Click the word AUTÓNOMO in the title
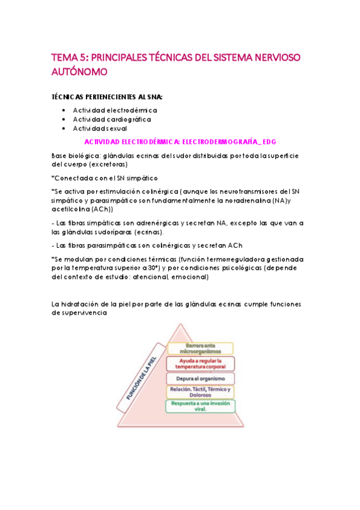pos(79,72)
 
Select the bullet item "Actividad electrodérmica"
pos(115,110)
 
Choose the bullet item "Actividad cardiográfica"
pos(112,119)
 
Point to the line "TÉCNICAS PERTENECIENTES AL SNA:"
pos(107,96)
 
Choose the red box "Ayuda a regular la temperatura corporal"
pos(200,363)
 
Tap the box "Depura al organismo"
pos(200,378)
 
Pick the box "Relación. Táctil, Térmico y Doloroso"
pos(200,392)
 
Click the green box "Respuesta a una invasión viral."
pos(200,406)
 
